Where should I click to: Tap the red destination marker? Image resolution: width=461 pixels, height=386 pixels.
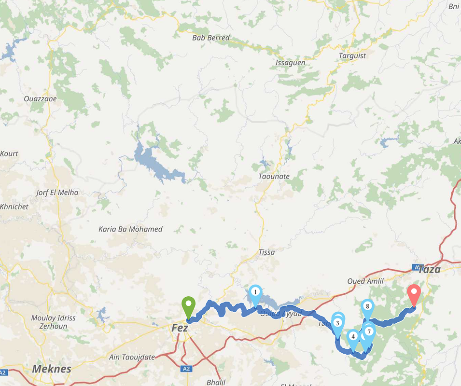(x=414, y=293)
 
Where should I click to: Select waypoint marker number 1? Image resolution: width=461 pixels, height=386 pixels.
(x=255, y=292)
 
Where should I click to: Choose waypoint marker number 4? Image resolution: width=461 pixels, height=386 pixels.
(x=353, y=337)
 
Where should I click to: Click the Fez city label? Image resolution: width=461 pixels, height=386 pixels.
(x=180, y=328)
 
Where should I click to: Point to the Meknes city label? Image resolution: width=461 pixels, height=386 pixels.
(x=52, y=369)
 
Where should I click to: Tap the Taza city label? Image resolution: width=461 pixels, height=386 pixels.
(x=429, y=269)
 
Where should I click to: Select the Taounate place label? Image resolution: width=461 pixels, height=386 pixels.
(x=274, y=177)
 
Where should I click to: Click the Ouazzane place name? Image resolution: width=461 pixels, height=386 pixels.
(x=41, y=99)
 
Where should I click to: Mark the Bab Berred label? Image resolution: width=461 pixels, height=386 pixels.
(x=211, y=38)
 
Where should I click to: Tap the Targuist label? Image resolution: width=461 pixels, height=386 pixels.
(x=352, y=55)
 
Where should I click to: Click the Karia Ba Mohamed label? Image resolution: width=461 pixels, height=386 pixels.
(x=130, y=229)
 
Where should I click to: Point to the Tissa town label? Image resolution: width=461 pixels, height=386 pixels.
(x=266, y=252)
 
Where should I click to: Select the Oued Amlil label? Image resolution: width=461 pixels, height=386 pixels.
(x=365, y=281)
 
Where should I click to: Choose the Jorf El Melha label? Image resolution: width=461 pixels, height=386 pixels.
(x=57, y=193)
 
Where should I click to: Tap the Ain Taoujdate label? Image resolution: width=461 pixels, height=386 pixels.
(x=132, y=357)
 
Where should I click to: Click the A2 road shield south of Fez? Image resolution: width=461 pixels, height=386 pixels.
(x=187, y=369)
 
